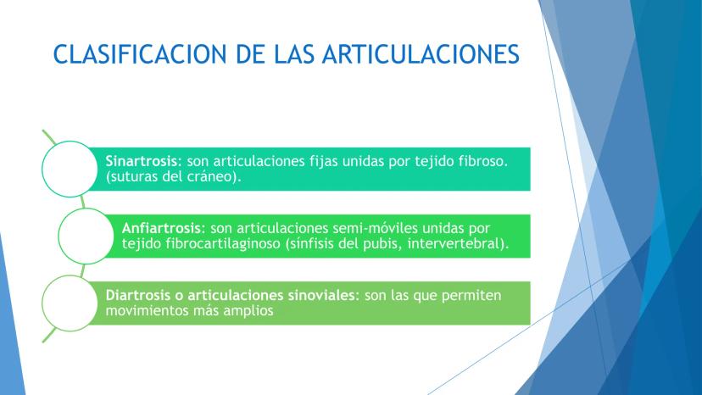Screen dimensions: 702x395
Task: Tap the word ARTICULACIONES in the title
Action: (421, 54)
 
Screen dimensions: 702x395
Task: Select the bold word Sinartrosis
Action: (142, 161)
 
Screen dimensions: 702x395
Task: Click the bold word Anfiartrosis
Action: (161, 228)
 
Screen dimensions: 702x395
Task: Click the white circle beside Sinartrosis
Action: (70, 169)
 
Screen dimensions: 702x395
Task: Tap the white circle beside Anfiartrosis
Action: (86, 236)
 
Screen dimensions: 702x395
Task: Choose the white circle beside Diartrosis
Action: (70, 303)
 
